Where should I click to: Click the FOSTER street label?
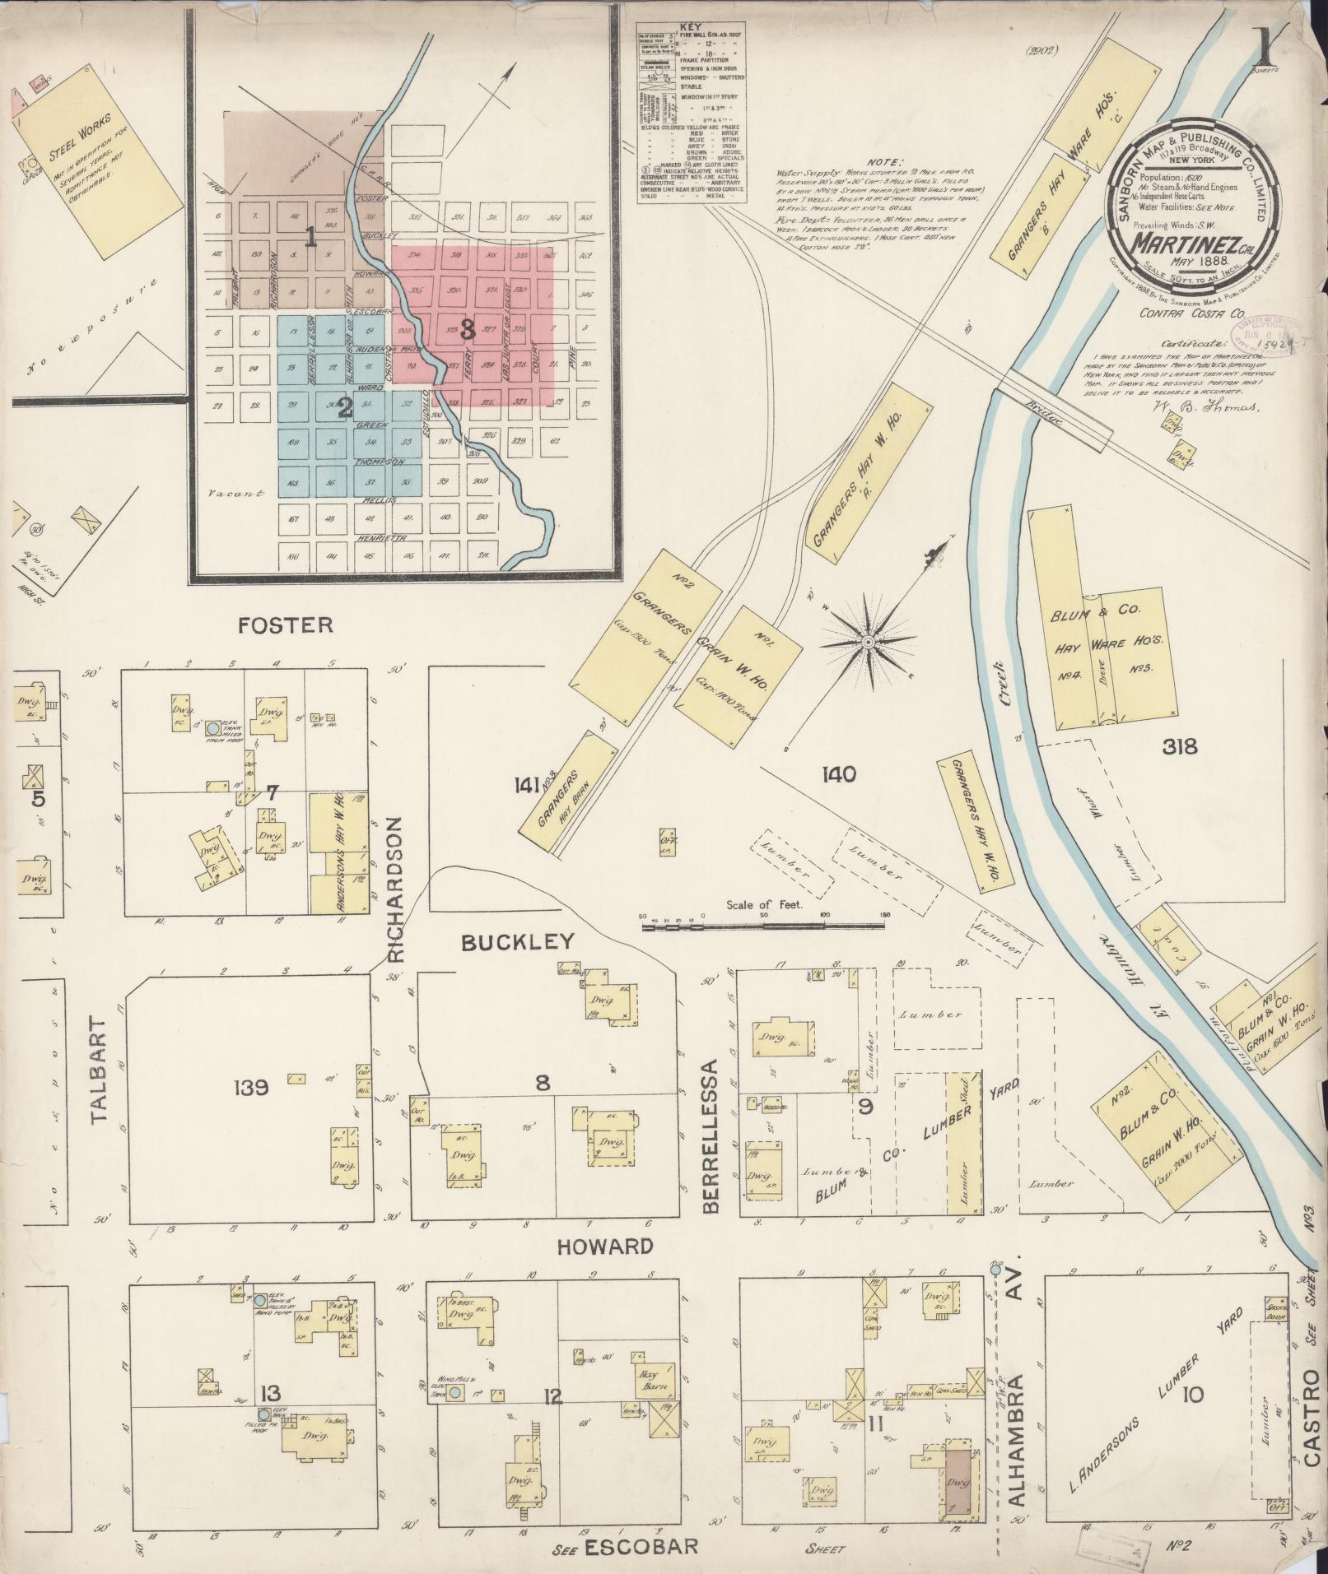[286, 625]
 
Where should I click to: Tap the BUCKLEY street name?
[517, 943]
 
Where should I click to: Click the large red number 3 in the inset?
[467, 331]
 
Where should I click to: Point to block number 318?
[1179, 747]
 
